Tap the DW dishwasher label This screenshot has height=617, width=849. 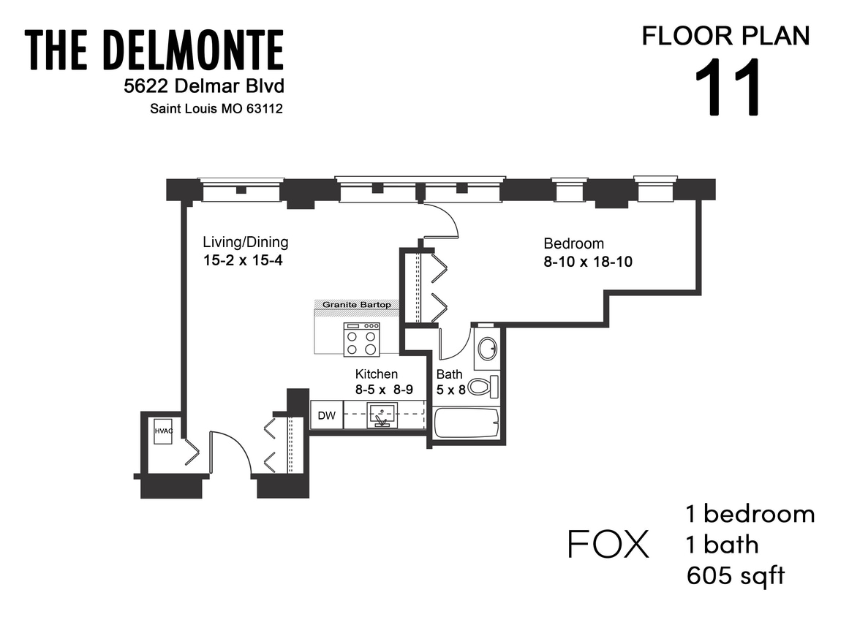coord(327,416)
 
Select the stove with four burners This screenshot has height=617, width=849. coord(362,339)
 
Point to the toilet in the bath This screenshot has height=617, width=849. coord(481,386)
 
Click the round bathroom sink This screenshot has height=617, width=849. coord(486,349)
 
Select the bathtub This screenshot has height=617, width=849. coord(466,423)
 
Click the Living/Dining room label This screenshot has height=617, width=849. coord(246,242)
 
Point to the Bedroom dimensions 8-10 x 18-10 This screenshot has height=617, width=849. coord(588,262)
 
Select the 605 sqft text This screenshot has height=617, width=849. coord(736,575)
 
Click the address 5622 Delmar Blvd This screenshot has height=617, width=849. coord(203,87)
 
